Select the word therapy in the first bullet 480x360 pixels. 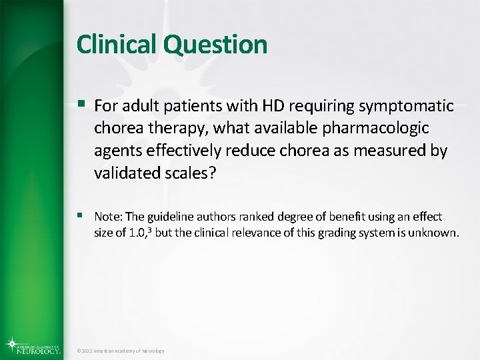[167, 127]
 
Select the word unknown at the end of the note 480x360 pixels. [437, 233]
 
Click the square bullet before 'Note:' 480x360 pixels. [81, 215]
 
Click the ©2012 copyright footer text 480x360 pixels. [120, 351]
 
